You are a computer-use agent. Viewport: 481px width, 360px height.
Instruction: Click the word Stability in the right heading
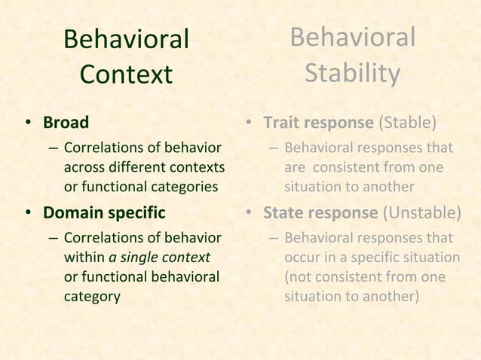click(352, 74)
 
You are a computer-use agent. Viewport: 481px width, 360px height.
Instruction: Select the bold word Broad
click(66, 122)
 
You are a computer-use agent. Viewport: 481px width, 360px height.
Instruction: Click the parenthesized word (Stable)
click(408, 122)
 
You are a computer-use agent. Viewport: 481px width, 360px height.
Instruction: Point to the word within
click(85, 258)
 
